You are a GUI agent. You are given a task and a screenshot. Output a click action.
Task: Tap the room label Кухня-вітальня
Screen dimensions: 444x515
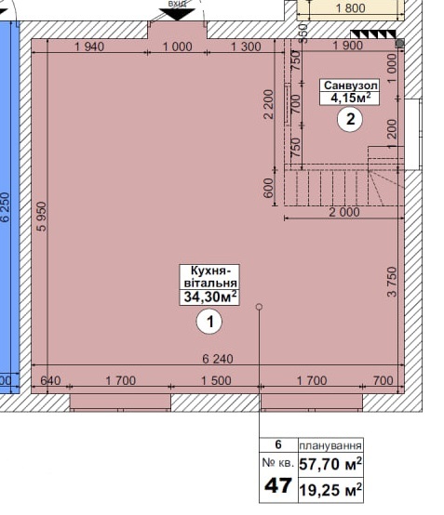209,277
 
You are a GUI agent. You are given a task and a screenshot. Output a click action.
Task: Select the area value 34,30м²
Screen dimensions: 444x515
209,297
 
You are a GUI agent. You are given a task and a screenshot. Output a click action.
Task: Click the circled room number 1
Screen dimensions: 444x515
209,322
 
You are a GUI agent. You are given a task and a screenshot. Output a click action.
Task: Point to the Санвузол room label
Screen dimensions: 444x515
350,86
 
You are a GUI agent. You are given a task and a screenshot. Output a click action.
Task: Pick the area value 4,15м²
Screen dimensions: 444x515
350,98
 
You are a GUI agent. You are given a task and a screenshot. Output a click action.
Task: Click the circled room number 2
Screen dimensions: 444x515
350,119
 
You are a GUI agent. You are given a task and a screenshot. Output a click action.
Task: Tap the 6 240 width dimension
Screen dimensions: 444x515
218,359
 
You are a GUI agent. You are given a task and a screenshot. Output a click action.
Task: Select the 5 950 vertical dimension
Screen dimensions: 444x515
43,217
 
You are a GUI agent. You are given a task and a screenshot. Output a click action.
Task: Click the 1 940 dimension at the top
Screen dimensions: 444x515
89,46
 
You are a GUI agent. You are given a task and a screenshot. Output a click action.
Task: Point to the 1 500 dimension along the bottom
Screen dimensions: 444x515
216,380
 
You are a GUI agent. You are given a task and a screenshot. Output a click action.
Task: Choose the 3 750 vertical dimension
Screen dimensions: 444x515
392,282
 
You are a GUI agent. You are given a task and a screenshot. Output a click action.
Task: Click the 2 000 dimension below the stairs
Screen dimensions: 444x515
344,212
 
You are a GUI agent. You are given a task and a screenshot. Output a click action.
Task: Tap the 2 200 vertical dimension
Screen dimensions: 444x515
269,104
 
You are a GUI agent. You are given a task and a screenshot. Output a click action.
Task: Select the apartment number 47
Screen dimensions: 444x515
278,486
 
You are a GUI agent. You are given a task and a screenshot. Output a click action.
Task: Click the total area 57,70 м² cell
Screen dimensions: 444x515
330,464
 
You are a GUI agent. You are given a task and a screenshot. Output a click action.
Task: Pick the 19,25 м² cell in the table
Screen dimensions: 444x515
330,490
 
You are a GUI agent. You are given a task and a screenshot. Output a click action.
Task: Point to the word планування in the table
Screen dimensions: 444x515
330,445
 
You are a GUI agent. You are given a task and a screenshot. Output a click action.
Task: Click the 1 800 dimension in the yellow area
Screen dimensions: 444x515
350,7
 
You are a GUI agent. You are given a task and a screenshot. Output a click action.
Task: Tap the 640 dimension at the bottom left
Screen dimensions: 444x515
50,380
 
